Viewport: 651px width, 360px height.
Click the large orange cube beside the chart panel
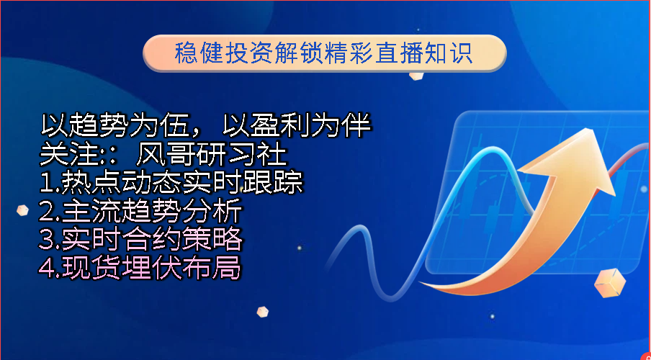pyautogui.click(x=609, y=283)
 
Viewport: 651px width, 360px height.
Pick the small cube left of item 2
pyautogui.click(x=22, y=210)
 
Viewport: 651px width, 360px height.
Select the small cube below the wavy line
pyautogui.click(x=262, y=312)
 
